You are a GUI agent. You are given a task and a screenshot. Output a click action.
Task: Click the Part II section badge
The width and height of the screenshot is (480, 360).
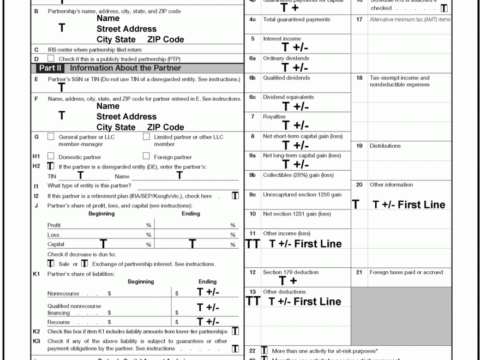click(50, 68)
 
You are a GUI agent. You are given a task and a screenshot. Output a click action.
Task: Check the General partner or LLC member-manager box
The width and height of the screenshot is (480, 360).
click(51, 137)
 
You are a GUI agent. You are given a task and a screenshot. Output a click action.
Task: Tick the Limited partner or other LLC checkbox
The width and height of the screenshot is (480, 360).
click(146, 137)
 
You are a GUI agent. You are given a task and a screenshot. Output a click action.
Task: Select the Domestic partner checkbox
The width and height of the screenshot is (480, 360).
click(51, 156)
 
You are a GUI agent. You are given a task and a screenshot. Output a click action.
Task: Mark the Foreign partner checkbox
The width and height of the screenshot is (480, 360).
click(146, 156)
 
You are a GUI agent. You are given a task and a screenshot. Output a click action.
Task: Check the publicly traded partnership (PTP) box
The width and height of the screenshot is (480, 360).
click(51, 58)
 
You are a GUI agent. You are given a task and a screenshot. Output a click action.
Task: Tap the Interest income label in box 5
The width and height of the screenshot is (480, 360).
click(281, 39)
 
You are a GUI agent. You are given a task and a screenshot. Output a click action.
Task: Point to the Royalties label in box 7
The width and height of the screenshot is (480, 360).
click(274, 117)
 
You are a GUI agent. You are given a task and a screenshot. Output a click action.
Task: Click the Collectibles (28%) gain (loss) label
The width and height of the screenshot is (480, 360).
click(298, 175)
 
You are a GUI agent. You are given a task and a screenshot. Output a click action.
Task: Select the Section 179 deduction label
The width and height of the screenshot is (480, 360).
click(291, 272)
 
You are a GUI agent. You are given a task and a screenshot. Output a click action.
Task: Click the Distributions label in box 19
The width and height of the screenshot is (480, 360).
click(385, 146)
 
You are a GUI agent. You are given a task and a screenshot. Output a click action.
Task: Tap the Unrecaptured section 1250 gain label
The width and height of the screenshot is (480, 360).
click(302, 195)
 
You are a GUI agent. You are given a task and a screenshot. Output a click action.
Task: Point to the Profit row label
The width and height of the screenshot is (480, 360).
click(54, 225)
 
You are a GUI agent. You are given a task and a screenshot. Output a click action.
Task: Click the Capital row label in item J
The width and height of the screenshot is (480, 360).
click(56, 244)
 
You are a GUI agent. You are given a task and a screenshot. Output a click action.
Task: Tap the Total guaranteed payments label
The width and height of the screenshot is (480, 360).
click(296, 20)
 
